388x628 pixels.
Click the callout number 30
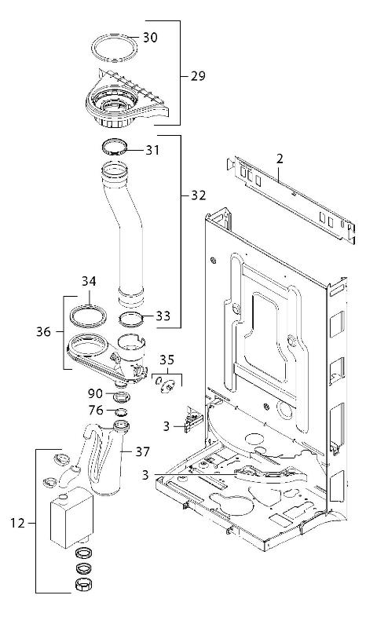tap(150, 38)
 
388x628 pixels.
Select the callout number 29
tap(198, 75)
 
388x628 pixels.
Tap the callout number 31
tap(152, 150)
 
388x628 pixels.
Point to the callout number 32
tap(199, 195)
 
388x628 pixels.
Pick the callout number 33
tap(163, 316)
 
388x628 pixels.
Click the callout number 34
tap(89, 281)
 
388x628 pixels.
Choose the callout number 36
tap(44, 331)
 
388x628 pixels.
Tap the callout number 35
tap(167, 360)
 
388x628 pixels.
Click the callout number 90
tap(95, 394)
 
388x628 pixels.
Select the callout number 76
tap(96, 411)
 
